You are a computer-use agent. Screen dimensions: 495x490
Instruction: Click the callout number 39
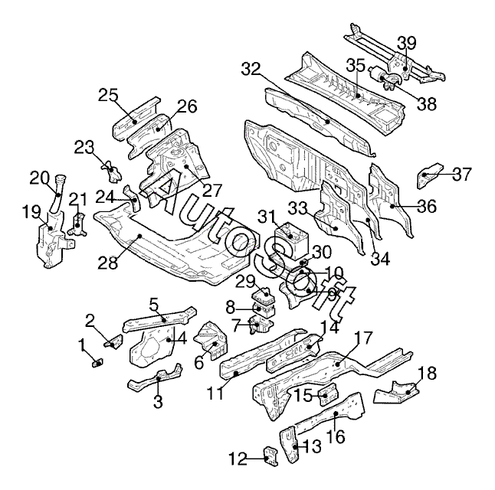406,42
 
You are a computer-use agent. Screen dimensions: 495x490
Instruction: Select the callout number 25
108,95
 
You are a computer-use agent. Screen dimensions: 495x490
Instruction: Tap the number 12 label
238,459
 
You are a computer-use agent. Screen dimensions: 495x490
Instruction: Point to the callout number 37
462,174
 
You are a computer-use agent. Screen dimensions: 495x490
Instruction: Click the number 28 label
107,262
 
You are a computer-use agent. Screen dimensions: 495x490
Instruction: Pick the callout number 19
31,211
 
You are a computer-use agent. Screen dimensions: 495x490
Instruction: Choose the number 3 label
158,402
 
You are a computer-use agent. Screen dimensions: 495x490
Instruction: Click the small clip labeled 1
97,364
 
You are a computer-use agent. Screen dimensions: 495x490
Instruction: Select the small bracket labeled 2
113,341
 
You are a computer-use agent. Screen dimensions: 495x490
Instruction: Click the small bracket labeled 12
270,456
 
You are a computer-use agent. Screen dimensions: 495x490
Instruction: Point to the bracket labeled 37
428,175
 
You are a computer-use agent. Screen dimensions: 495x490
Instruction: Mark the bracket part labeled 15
329,394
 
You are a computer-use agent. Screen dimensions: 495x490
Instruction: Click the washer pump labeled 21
77,224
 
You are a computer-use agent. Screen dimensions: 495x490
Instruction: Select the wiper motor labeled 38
385,77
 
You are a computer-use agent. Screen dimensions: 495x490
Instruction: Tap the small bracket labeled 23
111,171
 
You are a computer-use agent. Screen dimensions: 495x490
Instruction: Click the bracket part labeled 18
397,392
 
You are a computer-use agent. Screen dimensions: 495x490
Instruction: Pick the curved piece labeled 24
133,198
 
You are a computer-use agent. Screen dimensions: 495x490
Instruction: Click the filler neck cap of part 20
61,179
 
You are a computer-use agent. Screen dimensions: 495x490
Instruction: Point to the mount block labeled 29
263,296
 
